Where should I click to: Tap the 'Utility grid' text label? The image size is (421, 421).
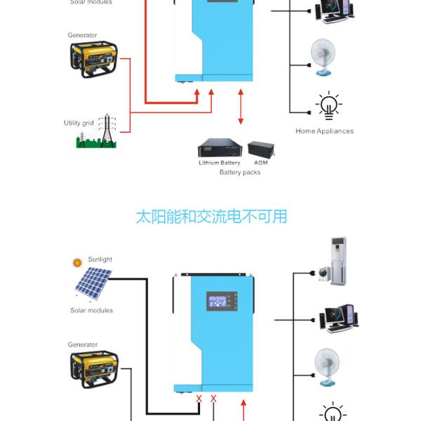79,123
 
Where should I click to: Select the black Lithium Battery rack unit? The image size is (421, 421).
220,149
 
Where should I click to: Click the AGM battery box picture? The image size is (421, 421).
261,149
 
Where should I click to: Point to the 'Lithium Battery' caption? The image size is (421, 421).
220,163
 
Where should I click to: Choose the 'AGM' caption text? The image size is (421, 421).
261,163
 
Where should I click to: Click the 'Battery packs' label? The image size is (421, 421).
240,172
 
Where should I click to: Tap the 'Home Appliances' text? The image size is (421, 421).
324,131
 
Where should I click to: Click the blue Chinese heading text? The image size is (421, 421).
211,215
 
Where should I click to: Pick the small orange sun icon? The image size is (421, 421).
77,263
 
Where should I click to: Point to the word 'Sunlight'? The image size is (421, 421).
100,260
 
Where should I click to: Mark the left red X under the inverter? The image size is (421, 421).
199,399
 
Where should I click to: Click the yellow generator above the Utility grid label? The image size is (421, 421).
94,58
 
